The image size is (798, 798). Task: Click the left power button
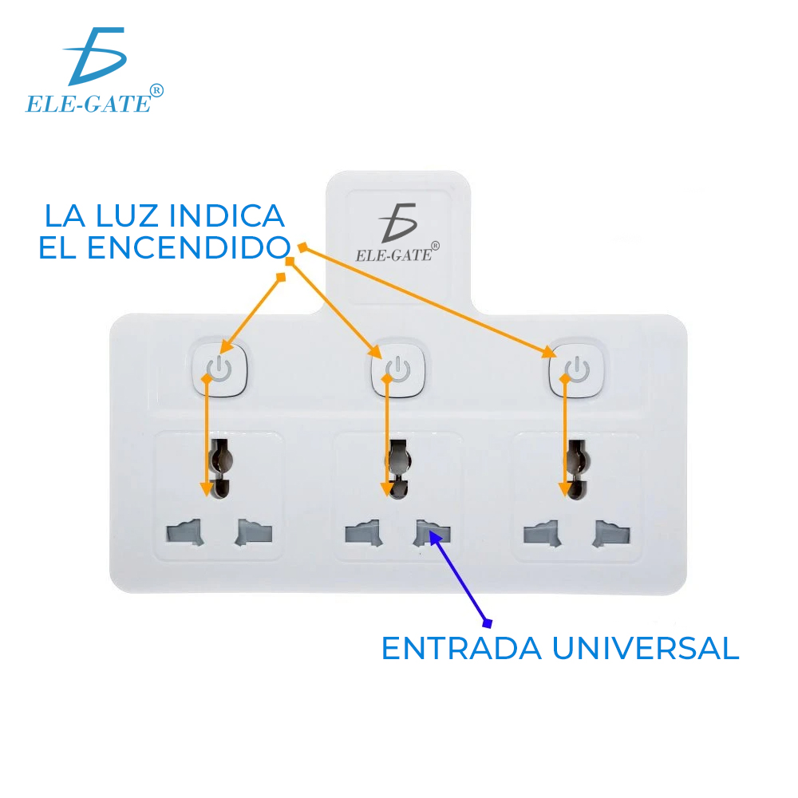219,370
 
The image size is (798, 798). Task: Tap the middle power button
397,370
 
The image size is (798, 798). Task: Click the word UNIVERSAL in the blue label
645,648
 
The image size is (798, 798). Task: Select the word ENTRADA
460,648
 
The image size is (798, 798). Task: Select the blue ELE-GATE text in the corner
88,104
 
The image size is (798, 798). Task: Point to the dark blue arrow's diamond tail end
488,622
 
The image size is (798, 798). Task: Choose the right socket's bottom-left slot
541,533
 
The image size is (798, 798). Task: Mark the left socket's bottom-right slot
254,533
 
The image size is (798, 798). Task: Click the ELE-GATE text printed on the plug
393,255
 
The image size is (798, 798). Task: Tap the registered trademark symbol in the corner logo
156,91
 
